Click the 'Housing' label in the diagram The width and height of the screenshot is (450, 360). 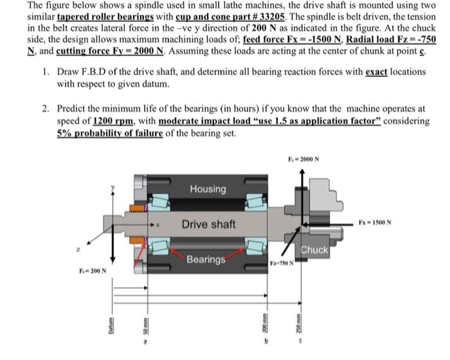pyautogui.click(x=208, y=189)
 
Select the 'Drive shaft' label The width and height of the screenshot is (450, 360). pyautogui.click(x=208, y=224)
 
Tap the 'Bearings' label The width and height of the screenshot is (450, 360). pyautogui.click(x=206, y=260)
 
